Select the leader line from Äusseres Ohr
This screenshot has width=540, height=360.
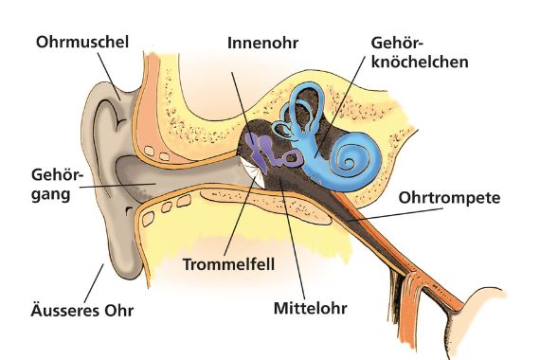pyautogui.click(x=96, y=280)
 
